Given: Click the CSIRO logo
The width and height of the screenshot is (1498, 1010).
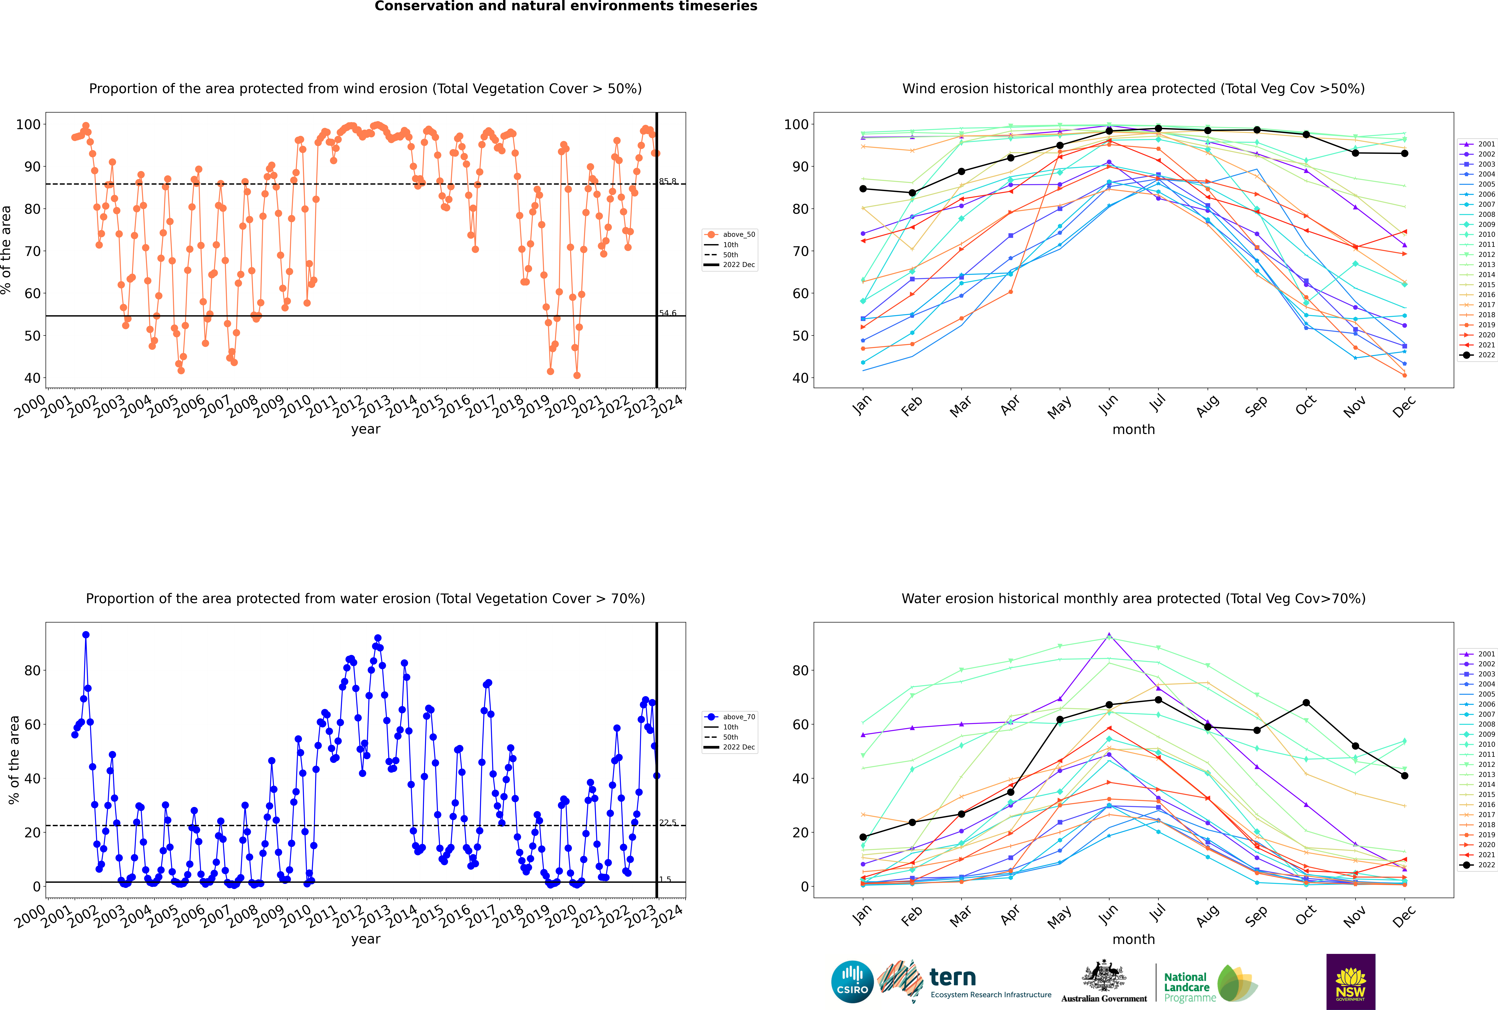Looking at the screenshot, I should (852, 982).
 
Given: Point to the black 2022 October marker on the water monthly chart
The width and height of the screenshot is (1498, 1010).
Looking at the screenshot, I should (1306, 703).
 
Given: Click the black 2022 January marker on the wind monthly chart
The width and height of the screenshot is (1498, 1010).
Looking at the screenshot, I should (863, 189).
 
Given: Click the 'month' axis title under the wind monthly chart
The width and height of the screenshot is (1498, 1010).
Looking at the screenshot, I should (1133, 430).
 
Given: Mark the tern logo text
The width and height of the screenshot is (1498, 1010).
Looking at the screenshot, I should (953, 978).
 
